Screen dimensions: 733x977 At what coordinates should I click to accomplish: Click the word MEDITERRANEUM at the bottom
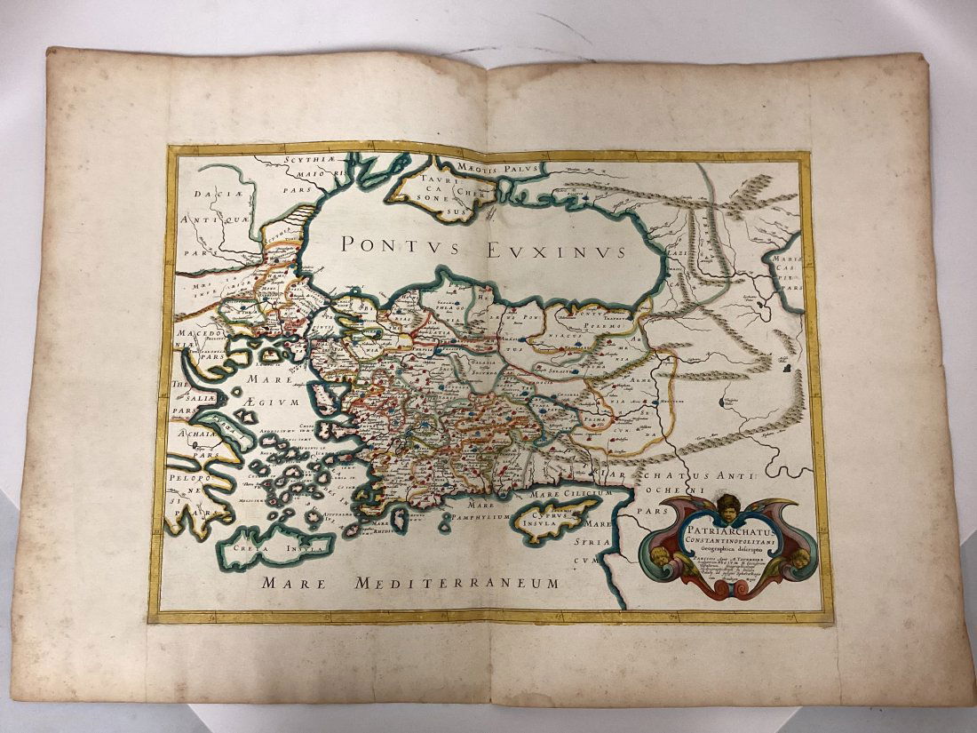(457, 583)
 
